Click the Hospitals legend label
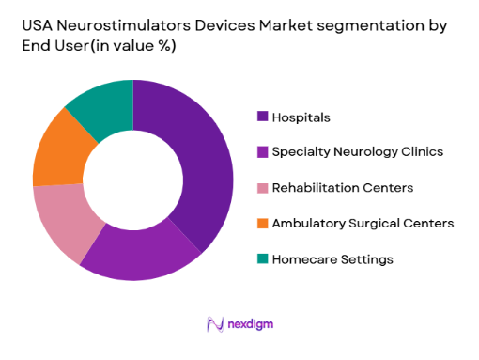301,117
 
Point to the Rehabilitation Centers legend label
342,188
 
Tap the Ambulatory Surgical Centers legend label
363,223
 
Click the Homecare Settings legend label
332,258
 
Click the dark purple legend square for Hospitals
262,117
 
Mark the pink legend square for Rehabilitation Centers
262,188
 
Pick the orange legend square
262,223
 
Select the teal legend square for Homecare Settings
262,258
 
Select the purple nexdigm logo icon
213,324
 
